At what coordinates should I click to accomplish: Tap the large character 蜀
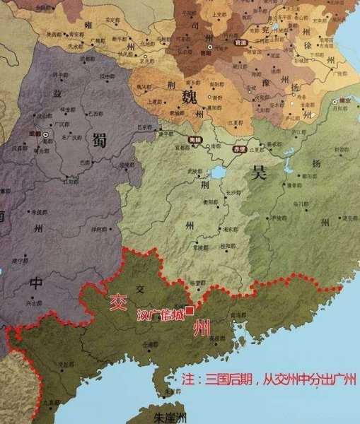tap(99, 141)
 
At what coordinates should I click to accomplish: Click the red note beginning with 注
tap(268, 379)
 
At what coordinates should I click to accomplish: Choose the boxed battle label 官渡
tap(240, 43)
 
